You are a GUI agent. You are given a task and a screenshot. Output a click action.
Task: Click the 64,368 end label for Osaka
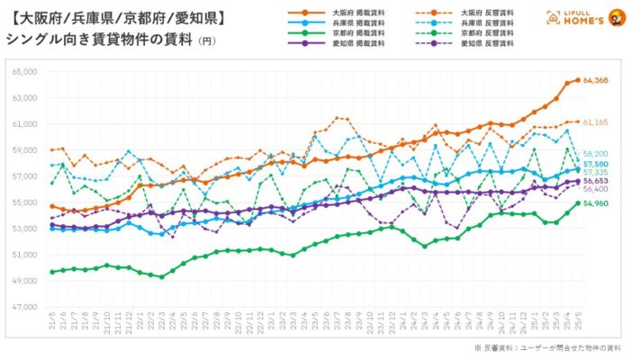point(596,81)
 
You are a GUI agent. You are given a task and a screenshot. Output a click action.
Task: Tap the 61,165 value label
point(596,121)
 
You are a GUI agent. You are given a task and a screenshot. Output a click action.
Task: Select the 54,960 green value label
point(596,204)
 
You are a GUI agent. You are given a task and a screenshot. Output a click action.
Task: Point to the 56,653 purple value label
point(596,180)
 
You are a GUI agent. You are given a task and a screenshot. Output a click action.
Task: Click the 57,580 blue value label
point(596,164)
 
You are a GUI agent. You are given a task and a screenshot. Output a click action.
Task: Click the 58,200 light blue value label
point(596,154)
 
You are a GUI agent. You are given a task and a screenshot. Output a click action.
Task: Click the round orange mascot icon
point(618,17)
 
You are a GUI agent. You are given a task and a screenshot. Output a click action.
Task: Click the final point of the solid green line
point(577,203)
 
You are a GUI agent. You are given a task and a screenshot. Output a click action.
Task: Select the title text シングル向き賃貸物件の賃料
point(99,40)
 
